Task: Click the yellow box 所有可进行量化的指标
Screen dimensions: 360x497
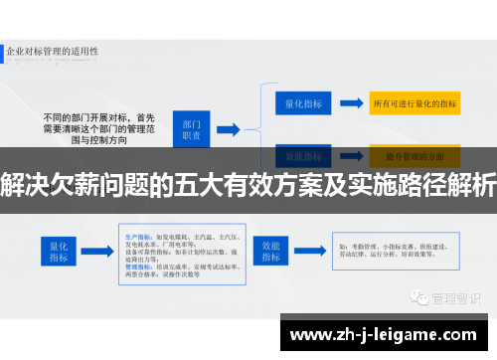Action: click(x=414, y=103)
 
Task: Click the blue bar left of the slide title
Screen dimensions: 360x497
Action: click(x=4, y=49)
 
